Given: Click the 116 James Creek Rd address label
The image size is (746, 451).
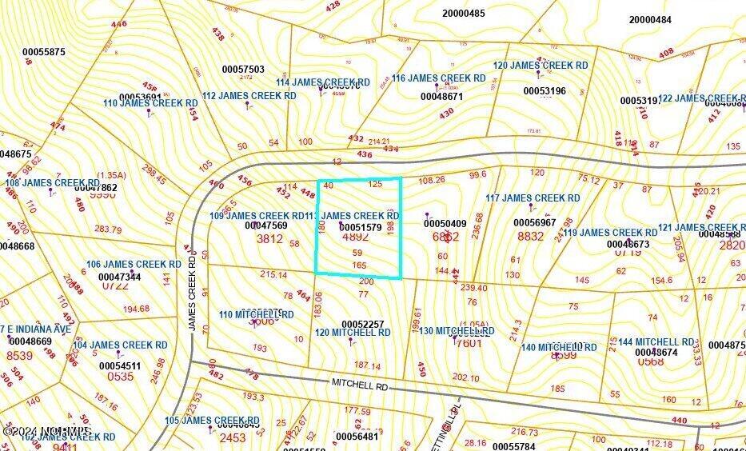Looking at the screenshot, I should click(x=438, y=78).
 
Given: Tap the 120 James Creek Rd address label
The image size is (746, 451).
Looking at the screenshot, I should click(x=541, y=66).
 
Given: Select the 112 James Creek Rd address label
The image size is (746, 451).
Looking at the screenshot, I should click(x=249, y=96).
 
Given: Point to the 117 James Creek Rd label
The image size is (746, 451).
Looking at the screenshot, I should click(x=533, y=198).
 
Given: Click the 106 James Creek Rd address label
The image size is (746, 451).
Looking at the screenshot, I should click(x=134, y=265).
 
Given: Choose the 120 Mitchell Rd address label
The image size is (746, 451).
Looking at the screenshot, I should click(x=352, y=333).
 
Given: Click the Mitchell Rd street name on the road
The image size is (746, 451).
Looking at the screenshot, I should click(x=359, y=385).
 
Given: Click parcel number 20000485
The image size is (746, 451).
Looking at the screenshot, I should click(x=464, y=14).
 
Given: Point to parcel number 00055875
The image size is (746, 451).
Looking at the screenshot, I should click(x=44, y=53).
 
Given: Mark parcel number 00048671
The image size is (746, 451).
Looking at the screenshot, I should click(x=441, y=97).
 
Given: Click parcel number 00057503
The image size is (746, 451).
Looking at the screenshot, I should click(x=243, y=70).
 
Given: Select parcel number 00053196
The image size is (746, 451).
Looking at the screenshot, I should click(x=544, y=91).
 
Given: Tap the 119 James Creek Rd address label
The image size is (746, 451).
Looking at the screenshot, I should click(x=610, y=233).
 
